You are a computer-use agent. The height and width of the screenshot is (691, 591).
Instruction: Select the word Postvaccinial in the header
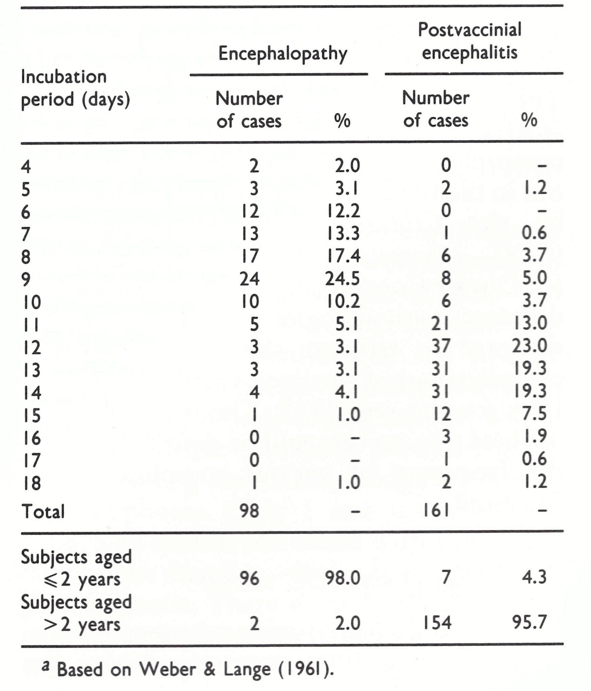pyautogui.click(x=469, y=30)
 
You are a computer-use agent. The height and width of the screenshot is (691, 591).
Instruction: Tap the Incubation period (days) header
pyautogui.click(x=75, y=88)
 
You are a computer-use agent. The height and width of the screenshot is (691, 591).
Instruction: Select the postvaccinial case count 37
pyautogui.click(x=441, y=345)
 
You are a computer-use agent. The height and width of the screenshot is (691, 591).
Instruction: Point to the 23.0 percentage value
pyautogui.click(x=530, y=345)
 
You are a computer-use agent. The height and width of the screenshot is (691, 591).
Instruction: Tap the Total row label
pyautogui.click(x=43, y=511)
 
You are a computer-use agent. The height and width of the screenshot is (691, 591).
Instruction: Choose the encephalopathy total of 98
pyautogui.click(x=249, y=511)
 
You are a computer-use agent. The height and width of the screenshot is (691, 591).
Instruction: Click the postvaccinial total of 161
pyautogui.click(x=436, y=511)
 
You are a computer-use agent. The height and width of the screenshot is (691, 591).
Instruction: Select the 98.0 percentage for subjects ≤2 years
pyautogui.click(x=343, y=578)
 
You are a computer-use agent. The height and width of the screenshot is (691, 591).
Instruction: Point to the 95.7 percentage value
pyautogui.click(x=530, y=623)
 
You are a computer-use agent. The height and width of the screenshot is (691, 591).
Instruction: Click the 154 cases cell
pyautogui.click(x=437, y=623)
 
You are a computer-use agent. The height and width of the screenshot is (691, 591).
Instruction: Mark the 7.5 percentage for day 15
pyautogui.click(x=534, y=414)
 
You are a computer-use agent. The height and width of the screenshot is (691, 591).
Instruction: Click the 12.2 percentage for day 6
pyautogui.click(x=343, y=211)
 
